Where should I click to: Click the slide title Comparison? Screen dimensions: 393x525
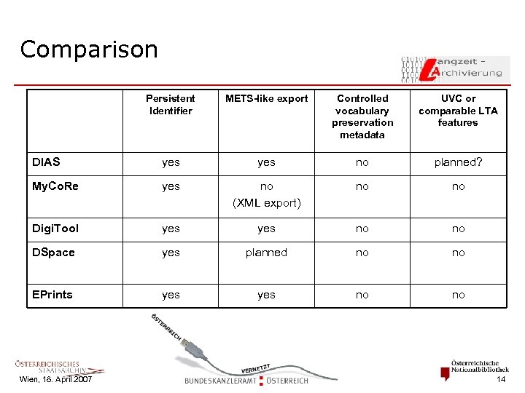[x=89, y=49]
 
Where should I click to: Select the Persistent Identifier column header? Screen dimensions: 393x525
[x=171, y=105]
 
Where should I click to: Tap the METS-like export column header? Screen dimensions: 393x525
[x=267, y=98]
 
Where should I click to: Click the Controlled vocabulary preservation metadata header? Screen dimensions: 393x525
[x=362, y=116]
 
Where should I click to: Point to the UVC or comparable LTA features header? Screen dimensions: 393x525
[x=458, y=111]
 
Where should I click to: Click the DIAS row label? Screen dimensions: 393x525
[x=46, y=162]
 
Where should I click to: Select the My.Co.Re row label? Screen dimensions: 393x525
[x=55, y=186]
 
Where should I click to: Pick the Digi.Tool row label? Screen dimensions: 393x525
[x=55, y=229]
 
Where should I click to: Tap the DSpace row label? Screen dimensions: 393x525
[x=53, y=253]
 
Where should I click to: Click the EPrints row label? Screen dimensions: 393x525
[x=52, y=295]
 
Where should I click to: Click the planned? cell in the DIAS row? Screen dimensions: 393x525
[x=458, y=162]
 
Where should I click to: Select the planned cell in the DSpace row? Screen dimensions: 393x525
[x=267, y=253]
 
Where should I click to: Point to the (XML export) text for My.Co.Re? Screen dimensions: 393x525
[x=267, y=203]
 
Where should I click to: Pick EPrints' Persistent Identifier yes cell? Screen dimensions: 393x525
[x=171, y=295]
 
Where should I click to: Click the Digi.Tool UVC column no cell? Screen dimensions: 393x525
[x=458, y=229]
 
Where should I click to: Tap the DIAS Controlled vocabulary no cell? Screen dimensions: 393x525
[x=362, y=162]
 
